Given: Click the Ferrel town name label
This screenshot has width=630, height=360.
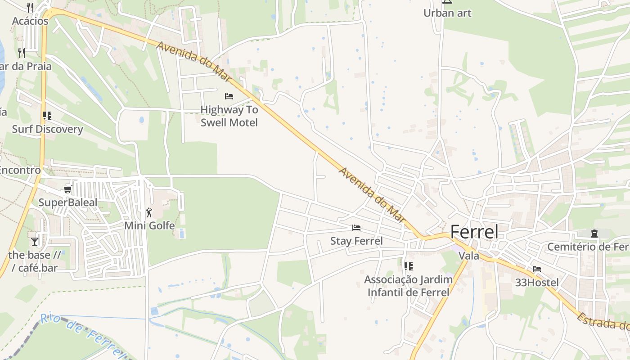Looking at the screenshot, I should point(474,232).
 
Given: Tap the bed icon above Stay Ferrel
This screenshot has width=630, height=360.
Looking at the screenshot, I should point(356,228).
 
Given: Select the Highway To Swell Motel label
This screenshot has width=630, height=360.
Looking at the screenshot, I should point(229,116).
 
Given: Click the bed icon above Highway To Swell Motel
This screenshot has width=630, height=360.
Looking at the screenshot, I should point(229,96).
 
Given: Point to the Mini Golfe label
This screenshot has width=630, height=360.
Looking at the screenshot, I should point(149,225).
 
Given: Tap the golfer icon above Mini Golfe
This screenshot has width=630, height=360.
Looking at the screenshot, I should point(149,212).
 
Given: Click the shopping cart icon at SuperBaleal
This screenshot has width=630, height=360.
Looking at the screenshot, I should point(68,189).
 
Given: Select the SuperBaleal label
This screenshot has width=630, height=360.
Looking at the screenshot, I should point(67,202).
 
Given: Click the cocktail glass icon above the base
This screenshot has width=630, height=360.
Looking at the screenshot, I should point(35,242).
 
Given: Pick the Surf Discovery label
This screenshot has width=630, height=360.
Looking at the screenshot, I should point(47,129).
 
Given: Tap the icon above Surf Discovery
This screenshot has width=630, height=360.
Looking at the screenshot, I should point(47,116).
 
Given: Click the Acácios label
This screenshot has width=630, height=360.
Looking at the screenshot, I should point(30,21).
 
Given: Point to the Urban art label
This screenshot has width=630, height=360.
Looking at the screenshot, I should point(447,13).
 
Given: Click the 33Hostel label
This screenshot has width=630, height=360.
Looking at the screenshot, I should point(537,283).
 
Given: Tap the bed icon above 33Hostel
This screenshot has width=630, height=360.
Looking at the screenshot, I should point(537,269).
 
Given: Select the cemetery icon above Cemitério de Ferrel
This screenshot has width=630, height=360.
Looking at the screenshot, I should point(594,233).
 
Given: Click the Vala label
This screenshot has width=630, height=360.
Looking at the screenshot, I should point(468,256).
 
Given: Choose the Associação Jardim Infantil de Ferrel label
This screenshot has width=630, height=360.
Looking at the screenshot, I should point(408,286).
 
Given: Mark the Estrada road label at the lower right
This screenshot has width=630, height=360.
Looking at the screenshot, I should point(603,320).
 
